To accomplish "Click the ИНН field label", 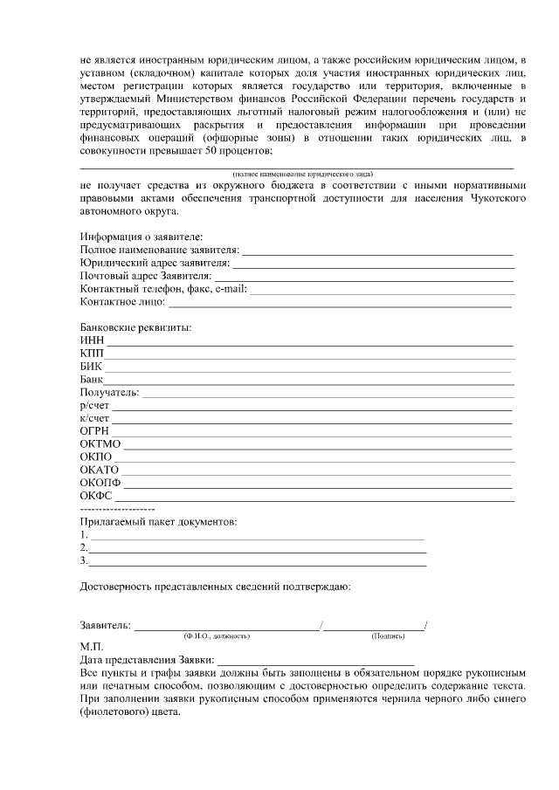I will tap(91, 340).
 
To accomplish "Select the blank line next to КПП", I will tap(309, 357).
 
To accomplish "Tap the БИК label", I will tap(91, 367).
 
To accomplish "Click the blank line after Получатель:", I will tap(328, 396).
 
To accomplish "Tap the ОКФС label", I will tap(97, 497).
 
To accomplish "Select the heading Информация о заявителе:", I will tap(141, 237).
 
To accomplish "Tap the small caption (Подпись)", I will tap(388, 635).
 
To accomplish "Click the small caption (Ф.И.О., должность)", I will tap(216, 635).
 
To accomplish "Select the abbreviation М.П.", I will tap(91, 647).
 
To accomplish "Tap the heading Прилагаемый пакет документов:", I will tap(157, 521).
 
